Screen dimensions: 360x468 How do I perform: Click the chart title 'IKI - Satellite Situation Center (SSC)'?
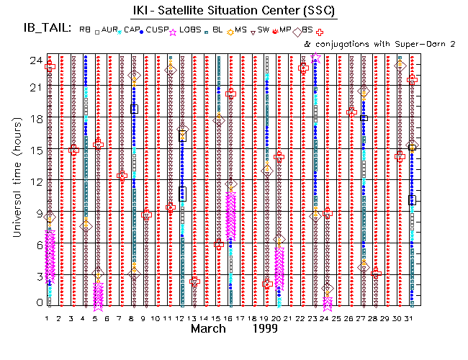(243, 11)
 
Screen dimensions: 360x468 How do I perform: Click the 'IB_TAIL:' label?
(46, 30)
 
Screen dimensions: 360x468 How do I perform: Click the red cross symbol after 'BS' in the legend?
(320, 31)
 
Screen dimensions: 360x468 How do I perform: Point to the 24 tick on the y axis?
(32, 60)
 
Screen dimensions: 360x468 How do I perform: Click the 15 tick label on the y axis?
(32, 150)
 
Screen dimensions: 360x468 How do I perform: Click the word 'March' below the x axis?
(210, 328)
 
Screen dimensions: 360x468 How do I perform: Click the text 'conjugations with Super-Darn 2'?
(382, 43)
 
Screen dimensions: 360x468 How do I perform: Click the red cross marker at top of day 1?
(50, 67)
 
